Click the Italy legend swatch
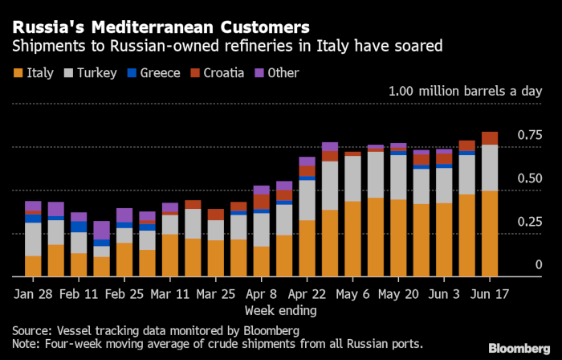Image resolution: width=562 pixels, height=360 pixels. coord(17,73)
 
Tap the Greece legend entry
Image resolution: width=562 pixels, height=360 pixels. coord(158,73)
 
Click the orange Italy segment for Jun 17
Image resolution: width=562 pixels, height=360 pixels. coord(488,234)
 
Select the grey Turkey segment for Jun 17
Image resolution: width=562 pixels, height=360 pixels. coord(488,168)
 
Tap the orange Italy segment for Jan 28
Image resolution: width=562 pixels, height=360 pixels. coord(33,266)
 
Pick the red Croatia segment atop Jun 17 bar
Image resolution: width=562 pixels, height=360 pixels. coord(488,138)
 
